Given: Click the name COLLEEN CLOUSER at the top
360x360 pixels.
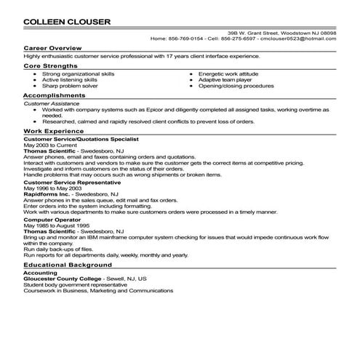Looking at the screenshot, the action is click(68, 21).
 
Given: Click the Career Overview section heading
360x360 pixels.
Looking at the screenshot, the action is click(49, 48).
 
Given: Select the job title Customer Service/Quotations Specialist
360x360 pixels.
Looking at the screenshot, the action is click(81, 137).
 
